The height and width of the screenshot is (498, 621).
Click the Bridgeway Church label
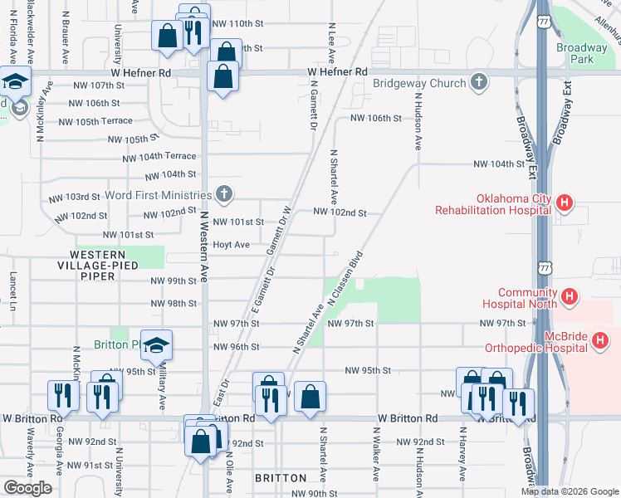pos(419,83)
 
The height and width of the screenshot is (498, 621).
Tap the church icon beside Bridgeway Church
pos(478,82)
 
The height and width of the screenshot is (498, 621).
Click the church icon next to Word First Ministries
pos(222,195)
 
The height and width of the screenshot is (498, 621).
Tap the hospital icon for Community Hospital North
pos(570,295)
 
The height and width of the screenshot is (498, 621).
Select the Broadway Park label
pos(582,53)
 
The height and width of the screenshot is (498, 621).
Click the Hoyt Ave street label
pos(232,245)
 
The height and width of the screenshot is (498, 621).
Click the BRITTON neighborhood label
pos(281,478)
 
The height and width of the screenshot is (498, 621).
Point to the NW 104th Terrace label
pos(159,157)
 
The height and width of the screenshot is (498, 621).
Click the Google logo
pos(28,488)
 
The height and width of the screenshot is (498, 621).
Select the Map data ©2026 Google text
pos(569,491)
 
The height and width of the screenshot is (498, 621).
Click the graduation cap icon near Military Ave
pos(155,348)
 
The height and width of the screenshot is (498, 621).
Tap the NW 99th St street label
pos(173,281)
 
